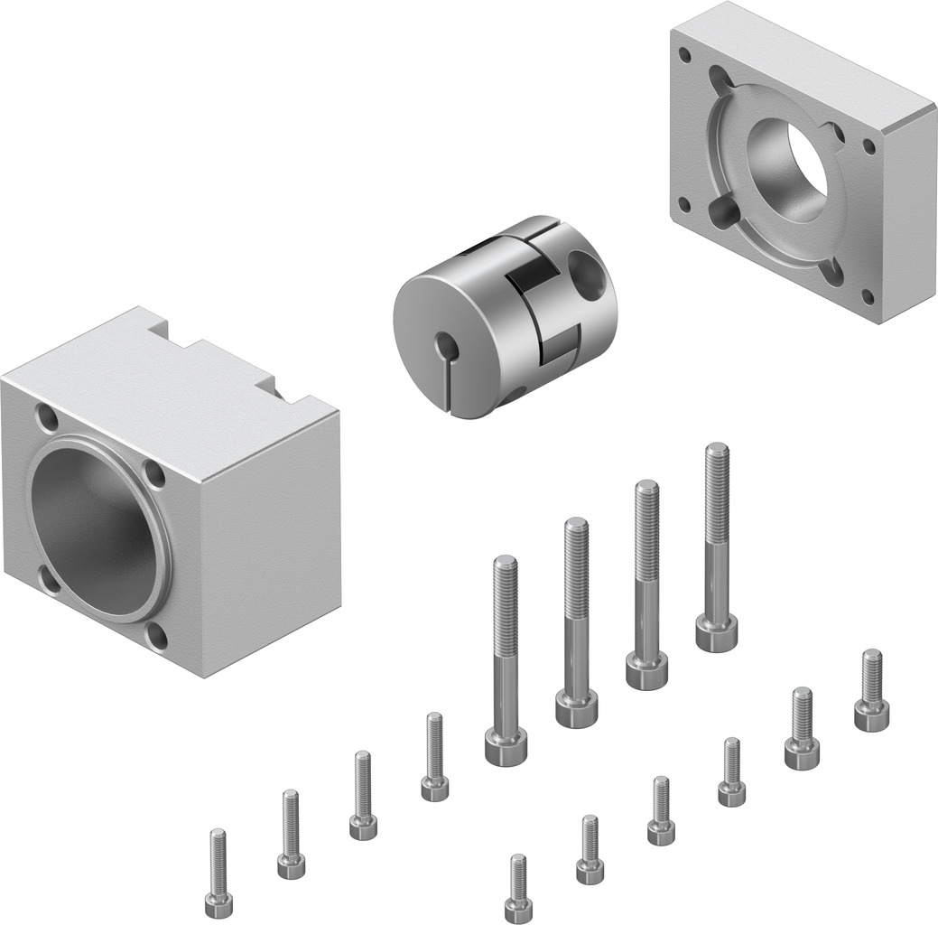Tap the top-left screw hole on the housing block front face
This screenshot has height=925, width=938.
pyautogui.click(x=45, y=419)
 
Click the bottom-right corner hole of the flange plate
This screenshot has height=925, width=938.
pyautogui.click(x=868, y=295)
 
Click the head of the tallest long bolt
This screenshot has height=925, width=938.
pyautogui.click(x=716, y=631)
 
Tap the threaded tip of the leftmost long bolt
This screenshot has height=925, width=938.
pyautogui.click(x=505, y=564)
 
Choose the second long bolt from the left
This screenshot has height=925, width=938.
pyautogui.click(x=575, y=623)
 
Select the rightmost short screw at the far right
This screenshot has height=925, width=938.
pyautogui.click(x=870, y=691)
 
